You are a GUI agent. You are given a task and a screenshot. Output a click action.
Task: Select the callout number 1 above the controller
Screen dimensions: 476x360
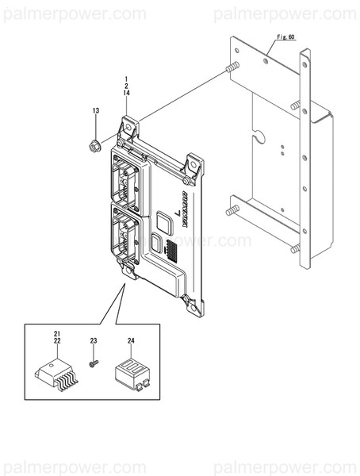(x=125, y=78)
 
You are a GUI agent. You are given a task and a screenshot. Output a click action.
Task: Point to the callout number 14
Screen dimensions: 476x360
(x=125, y=94)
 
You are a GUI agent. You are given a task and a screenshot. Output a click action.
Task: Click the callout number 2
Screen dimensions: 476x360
(x=125, y=86)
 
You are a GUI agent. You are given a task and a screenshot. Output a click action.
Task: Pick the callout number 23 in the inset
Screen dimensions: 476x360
(x=93, y=340)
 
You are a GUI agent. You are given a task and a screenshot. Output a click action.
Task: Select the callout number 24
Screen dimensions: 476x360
(x=131, y=340)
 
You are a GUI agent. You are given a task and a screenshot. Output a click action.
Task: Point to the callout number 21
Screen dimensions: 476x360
(x=56, y=332)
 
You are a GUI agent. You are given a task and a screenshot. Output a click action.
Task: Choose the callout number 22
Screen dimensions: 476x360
(x=56, y=340)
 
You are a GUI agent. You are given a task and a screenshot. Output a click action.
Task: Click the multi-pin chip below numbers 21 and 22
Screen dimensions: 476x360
(x=57, y=374)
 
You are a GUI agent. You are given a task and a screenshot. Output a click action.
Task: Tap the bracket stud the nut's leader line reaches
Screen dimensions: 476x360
(x=232, y=68)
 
